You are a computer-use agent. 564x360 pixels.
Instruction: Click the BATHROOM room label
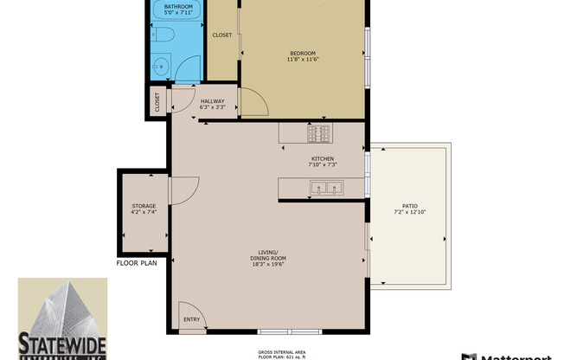(178, 7)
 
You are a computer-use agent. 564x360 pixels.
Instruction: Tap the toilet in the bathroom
(164, 35)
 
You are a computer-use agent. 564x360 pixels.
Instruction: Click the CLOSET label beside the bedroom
(222, 35)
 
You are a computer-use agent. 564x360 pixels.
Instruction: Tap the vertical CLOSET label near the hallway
(157, 101)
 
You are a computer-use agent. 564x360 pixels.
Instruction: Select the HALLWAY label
(213, 101)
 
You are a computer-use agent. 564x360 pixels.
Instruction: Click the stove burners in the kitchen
(317, 133)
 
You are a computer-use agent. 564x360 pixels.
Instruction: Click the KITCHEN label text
(324, 158)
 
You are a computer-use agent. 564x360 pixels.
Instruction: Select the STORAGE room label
(144, 206)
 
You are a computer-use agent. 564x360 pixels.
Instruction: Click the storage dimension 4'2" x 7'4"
(144, 212)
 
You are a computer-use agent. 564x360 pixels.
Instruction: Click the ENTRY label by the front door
(191, 320)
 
